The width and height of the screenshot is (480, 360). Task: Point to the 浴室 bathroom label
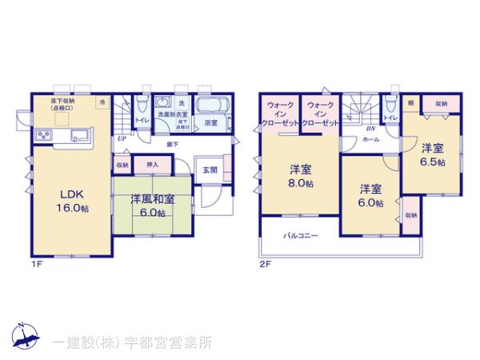tap(211, 123)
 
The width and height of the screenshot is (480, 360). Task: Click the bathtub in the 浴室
tap(212, 106)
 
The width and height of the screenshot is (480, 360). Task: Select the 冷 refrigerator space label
tap(102, 102)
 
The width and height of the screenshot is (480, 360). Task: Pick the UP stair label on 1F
tap(122, 139)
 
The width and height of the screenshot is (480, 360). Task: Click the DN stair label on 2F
tap(370, 128)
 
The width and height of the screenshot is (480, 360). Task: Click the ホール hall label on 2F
tap(371, 139)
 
